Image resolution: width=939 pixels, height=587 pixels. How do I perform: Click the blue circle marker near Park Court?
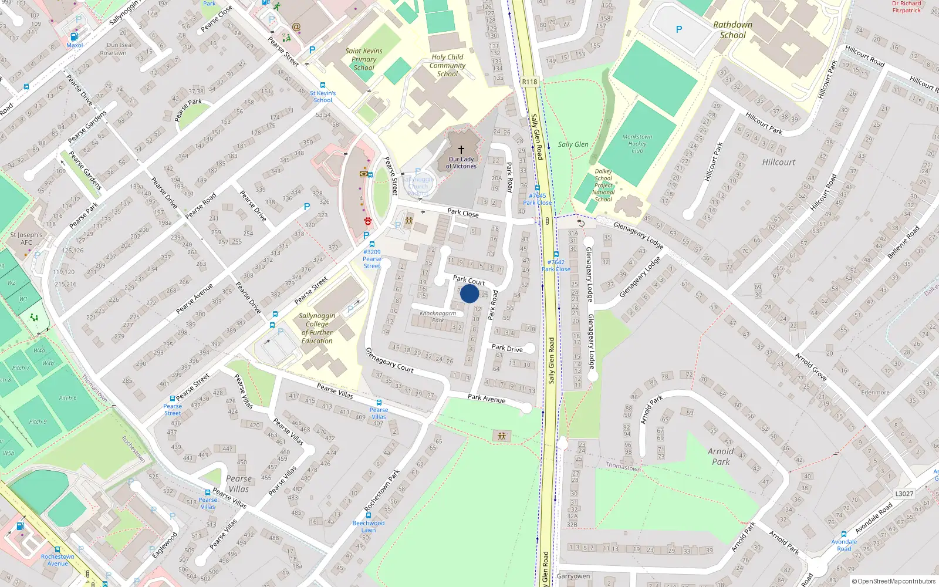pyautogui.click(x=469, y=293)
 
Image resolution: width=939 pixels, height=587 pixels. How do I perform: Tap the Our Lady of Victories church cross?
pyautogui.click(x=461, y=150)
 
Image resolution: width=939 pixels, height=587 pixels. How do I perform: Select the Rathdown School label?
pyautogui.click(x=732, y=30)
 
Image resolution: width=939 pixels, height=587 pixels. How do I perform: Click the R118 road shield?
pyautogui.click(x=529, y=82)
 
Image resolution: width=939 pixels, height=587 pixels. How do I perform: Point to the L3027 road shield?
pyautogui.click(x=904, y=494)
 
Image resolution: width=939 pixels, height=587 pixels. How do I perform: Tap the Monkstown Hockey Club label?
pyautogui.click(x=637, y=144)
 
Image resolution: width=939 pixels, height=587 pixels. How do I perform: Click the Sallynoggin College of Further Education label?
pyautogui.click(x=317, y=328)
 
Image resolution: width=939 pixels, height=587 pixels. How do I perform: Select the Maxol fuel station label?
pyautogui.click(x=75, y=45)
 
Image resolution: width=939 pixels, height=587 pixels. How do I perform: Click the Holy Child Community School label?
pyautogui.click(x=447, y=65)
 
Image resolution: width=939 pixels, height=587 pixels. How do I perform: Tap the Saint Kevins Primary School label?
pyautogui.click(x=364, y=59)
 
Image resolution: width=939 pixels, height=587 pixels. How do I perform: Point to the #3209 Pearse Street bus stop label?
pyautogui.click(x=372, y=259)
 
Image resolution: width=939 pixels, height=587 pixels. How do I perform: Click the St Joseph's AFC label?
pyautogui.click(x=26, y=238)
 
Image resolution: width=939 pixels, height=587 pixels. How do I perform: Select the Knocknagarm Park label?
pyautogui.click(x=438, y=316)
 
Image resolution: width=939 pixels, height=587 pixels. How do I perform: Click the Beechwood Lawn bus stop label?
pyautogui.click(x=369, y=527)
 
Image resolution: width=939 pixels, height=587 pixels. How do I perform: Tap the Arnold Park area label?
pyautogui.click(x=721, y=457)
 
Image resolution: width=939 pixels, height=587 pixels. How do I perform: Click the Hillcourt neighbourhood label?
pyautogui.click(x=779, y=162)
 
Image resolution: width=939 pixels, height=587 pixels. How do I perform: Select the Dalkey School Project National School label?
pyautogui.click(x=603, y=185)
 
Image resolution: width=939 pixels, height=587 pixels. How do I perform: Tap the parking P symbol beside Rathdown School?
pyautogui.click(x=679, y=29)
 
